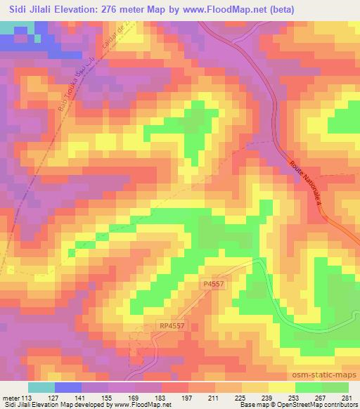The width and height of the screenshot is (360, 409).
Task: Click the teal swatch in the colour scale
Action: (x=41, y=387)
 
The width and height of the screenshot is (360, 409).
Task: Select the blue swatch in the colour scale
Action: (x=68, y=387)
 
